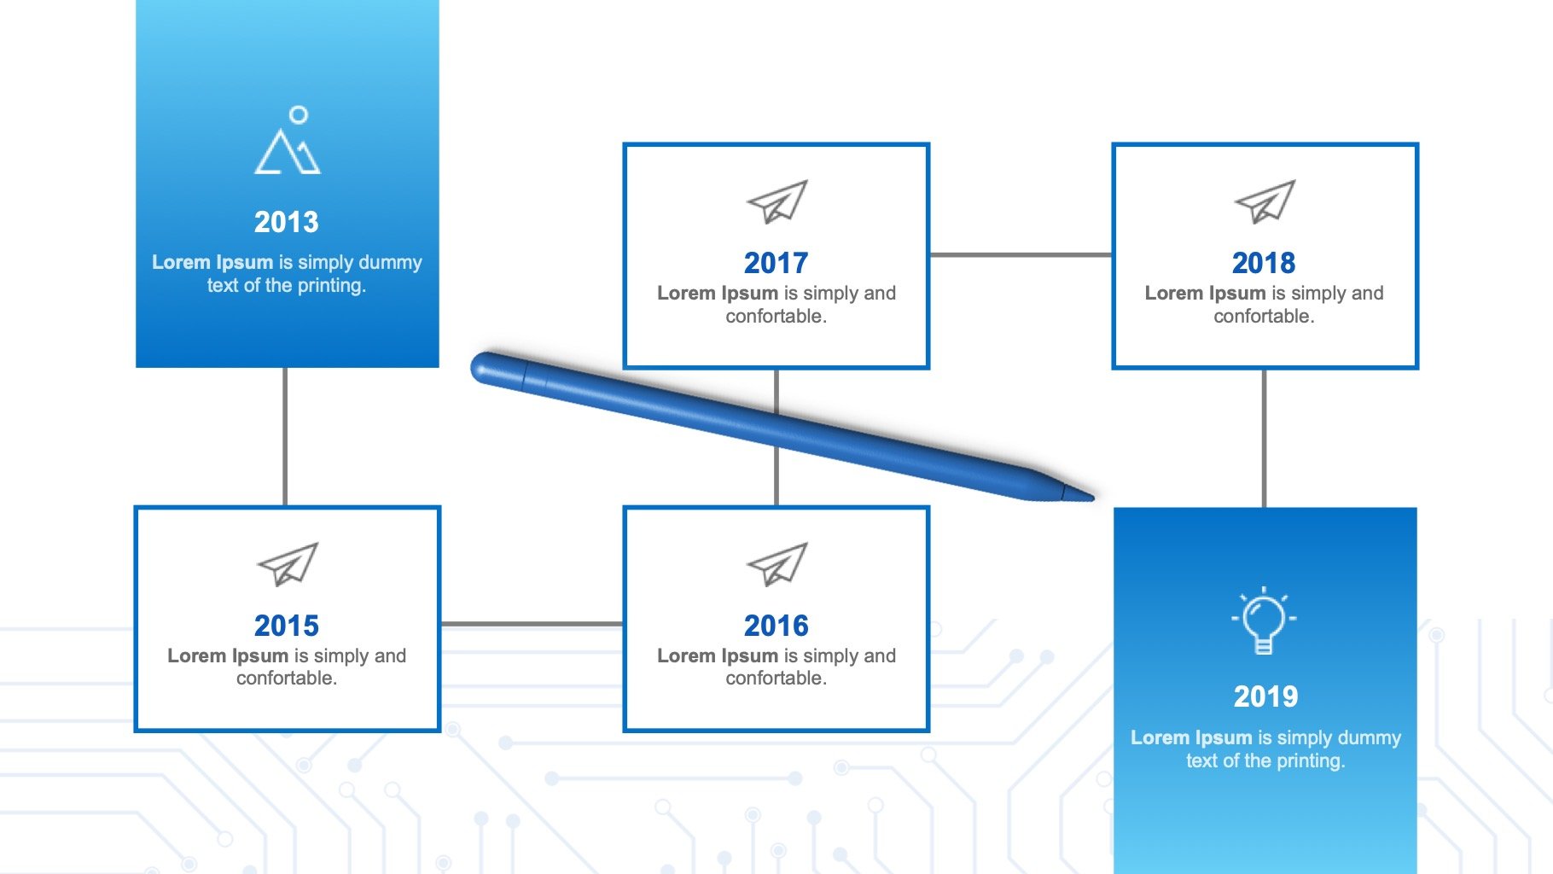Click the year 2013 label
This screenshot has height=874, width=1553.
tap(287, 222)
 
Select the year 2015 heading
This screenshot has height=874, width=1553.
tap(287, 626)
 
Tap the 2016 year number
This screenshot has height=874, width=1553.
tap(776, 626)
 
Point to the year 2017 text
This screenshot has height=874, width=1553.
tap(776, 263)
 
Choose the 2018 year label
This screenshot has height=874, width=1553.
tap(1264, 263)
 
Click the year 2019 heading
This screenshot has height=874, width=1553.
tap(1265, 696)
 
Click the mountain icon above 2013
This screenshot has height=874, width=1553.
tap(288, 140)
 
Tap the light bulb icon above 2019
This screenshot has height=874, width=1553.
tap(1264, 621)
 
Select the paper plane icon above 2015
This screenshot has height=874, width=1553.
tap(288, 564)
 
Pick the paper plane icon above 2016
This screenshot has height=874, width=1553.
tap(776, 564)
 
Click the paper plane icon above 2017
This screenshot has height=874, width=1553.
tap(776, 201)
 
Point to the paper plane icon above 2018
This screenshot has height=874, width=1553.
tap(1265, 201)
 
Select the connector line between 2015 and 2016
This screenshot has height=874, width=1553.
tap(532, 625)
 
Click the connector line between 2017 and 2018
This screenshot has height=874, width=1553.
tap(1021, 254)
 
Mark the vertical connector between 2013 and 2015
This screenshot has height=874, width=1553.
tap(285, 437)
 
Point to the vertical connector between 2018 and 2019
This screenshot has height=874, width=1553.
tap(1264, 439)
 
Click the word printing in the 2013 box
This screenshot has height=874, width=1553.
tap(329, 286)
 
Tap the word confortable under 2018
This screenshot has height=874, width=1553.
tap(1264, 316)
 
